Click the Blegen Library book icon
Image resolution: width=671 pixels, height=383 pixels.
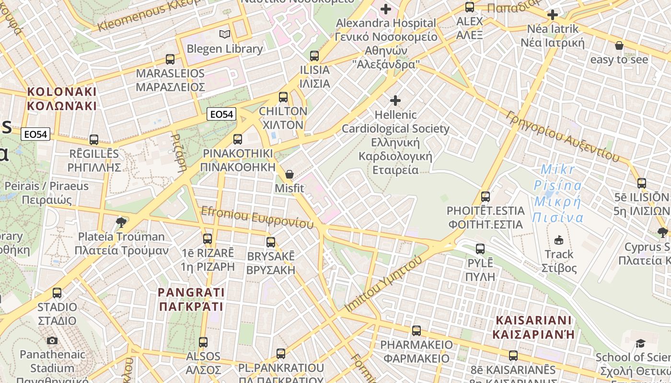click(x=224, y=34)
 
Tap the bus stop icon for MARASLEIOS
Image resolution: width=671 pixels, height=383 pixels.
click(x=170, y=59)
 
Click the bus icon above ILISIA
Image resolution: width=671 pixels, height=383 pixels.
click(x=314, y=56)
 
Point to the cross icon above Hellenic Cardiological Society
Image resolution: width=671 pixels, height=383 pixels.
click(x=395, y=101)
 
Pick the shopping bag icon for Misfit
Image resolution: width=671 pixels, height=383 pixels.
click(x=289, y=174)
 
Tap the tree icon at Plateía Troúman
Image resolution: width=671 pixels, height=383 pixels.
click(x=121, y=222)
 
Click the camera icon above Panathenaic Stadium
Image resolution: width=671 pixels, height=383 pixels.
click(x=52, y=340)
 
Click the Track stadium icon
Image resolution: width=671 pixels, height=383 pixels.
click(x=558, y=240)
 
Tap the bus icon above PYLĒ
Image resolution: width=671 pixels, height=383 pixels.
click(x=480, y=249)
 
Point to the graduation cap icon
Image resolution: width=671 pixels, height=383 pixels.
click(x=640, y=343)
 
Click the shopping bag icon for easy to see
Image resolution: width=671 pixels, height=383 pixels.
click(x=619, y=46)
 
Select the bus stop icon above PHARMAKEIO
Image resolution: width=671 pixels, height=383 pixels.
click(x=416, y=330)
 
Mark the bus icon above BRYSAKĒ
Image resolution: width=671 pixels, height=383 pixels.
click(x=271, y=242)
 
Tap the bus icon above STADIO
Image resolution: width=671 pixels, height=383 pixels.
click(x=57, y=293)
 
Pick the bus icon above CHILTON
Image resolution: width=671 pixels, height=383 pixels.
click(x=283, y=97)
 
